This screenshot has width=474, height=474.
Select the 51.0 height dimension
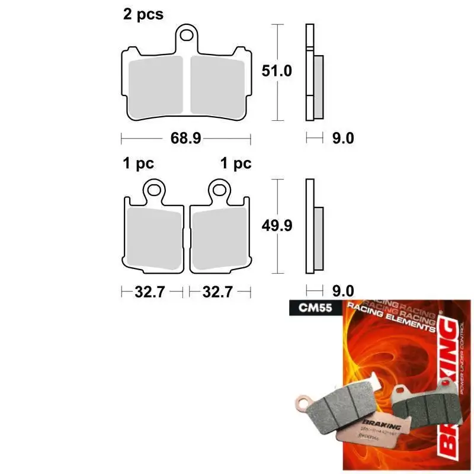(277, 71)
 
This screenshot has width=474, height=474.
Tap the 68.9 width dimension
(185, 138)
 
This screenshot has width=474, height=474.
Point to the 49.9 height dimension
(277, 225)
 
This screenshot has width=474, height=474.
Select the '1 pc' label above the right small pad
(236, 164)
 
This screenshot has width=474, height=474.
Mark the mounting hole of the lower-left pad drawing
(156, 191)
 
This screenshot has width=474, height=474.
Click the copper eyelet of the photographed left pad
(304, 406)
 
